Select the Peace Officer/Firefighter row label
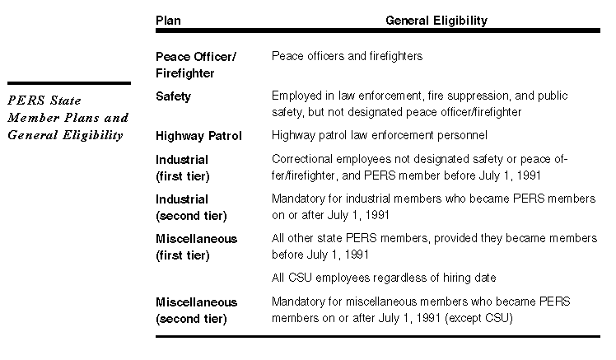[196, 65]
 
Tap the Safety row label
[173, 96]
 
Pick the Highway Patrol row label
[198, 135]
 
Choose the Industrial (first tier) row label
[182, 167]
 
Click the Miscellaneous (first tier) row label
[196, 246]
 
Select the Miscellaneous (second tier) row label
[196, 310]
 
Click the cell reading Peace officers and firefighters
[347, 56]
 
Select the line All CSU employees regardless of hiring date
[383, 278]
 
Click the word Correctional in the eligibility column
[300, 159]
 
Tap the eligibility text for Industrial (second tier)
[432, 207]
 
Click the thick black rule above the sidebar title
[68, 82]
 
